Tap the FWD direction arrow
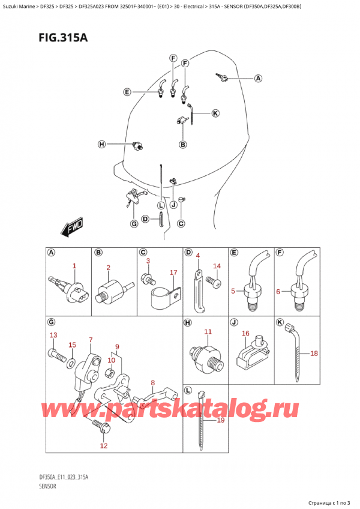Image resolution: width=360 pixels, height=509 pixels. (71, 229)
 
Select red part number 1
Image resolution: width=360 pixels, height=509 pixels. (74, 265)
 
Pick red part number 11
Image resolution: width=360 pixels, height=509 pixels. (208, 331)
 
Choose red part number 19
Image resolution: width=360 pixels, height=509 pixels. (220, 420)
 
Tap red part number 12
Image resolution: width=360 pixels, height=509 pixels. (104, 445)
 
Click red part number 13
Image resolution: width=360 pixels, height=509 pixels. (53, 335)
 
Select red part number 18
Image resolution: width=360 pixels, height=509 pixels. (313, 354)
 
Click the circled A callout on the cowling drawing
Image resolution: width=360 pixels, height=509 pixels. (258, 78)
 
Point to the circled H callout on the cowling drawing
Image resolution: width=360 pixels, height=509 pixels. (101, 144)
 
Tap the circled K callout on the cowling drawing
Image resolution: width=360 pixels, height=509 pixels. (215, 113)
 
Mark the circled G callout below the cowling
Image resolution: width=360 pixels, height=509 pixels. (134, 224)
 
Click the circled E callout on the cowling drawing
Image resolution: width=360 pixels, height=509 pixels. (127, 92)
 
